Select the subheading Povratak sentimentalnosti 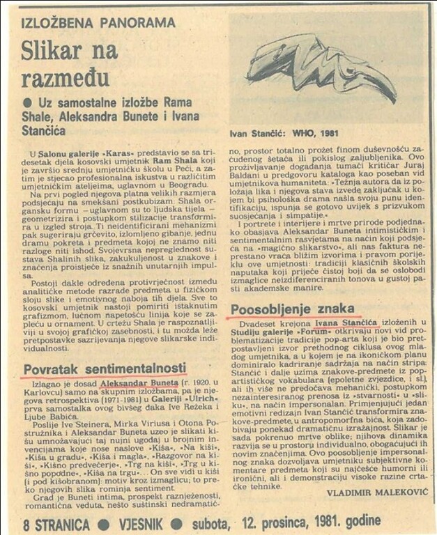105,367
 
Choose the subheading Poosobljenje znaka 292,309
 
